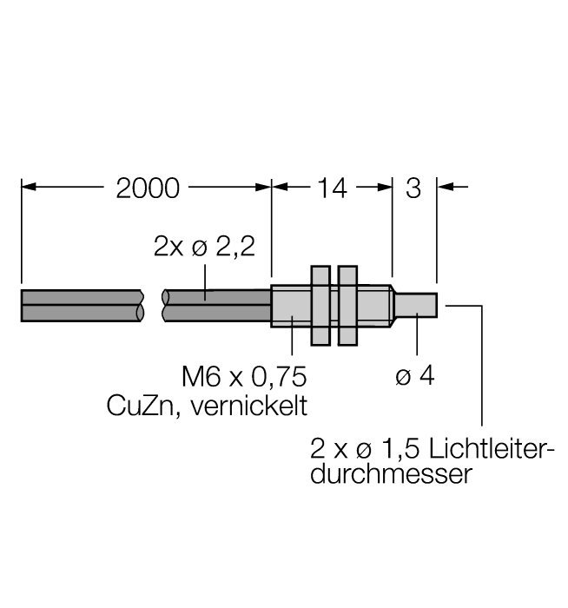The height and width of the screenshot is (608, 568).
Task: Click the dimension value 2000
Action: coord(148,188)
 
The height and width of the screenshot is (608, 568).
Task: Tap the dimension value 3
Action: coord(414,188)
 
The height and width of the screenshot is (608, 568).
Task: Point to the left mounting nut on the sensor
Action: coord(320,306)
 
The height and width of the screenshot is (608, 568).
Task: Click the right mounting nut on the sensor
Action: coord(347,306)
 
